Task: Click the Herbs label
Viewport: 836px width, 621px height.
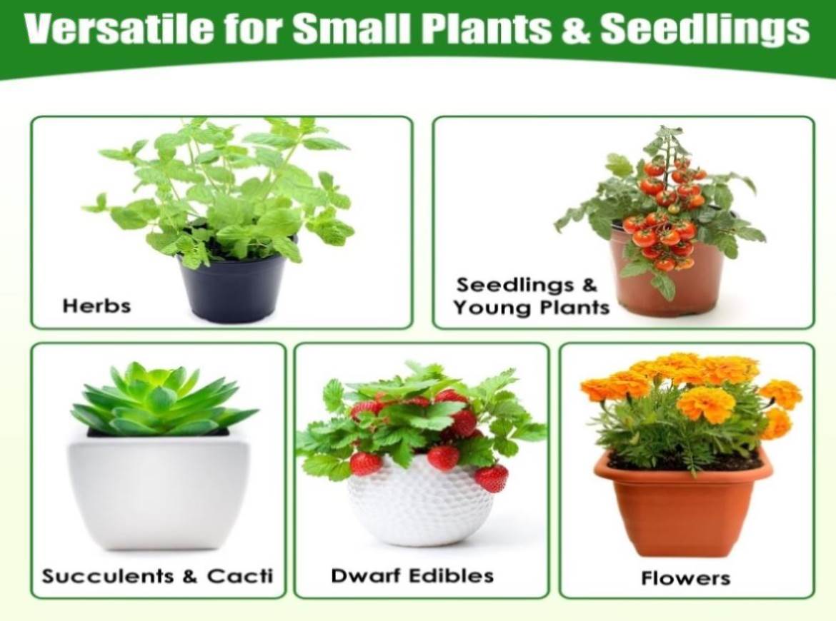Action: pos(96,306)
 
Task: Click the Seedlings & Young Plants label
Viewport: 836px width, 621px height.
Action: pos(531,296)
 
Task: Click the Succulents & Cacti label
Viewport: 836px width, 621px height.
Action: pos(157,576)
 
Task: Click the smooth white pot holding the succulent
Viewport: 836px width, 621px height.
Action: pos(158,488)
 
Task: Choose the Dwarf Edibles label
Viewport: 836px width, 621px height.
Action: pos(412,576)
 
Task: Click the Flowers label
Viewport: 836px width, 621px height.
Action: pos(686,578)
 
